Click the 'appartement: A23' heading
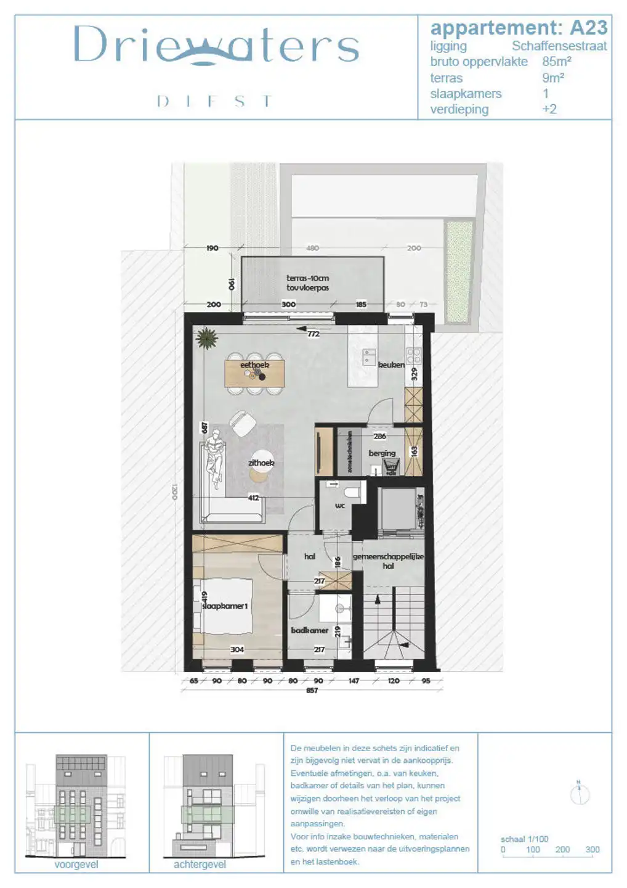click(x=519, y=28)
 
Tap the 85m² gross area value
click(x=556, y=62)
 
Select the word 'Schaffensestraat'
click(x=559, y=46)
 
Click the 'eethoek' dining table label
click(x=254, y=365)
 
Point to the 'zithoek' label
click(x=261, y=463)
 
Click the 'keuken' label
click(x=391, y=365)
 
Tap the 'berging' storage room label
click(x=382, y=453)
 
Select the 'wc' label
click(x=340, y=506)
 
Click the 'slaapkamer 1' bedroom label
click(x=225, y=606)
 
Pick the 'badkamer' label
click(x=309, y=630)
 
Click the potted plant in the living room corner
click(x=206, y=338)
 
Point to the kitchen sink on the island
click(x=370, y=356)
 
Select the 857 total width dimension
click(x=312, y=691)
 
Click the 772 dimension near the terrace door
click(x=313, y=334)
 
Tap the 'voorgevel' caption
click(x=76, y=865)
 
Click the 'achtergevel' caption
click(x=200, y=865)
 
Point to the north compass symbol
click(x=580, y=794)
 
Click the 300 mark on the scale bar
click(x=593, y=850)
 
